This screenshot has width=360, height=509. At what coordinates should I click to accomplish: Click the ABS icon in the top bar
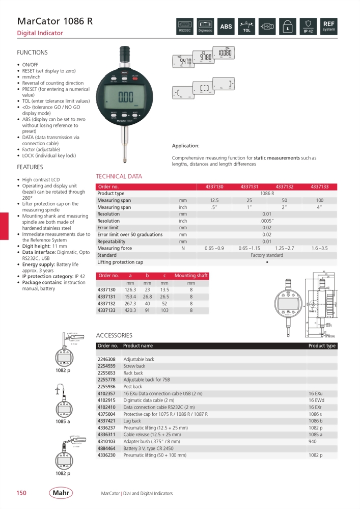tap(226, 26)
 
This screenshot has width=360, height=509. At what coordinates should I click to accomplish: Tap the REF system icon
tap(328, 26)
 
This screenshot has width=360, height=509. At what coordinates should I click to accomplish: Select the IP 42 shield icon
tap(308, 26)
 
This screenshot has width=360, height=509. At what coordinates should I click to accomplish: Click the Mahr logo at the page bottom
tap(61, 493)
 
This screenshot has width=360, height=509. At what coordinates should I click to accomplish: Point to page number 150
tap(21, 493)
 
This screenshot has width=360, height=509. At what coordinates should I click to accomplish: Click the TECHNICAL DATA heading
tap(119, 177)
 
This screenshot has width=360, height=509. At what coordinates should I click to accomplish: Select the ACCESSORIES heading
tap(114, 335)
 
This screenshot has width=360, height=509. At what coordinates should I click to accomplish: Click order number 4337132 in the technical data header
tap(285, 187)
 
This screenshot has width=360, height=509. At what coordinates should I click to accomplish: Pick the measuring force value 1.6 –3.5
tap(320, 248)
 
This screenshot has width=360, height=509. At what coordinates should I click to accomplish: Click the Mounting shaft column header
tap(191, 276)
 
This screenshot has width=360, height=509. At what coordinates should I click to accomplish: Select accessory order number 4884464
tap(107, 448)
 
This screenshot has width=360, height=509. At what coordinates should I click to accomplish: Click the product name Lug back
tap(132, 421)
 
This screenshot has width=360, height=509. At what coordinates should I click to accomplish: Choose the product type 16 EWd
tap(316, 400)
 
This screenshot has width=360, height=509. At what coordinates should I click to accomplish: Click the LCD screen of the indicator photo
tap(126, 97)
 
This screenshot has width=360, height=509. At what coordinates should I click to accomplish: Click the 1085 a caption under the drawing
tap(63, 421)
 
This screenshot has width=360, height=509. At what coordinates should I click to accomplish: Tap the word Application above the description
tap(185, 146)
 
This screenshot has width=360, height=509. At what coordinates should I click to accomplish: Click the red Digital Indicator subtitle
tap(40, 33)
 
